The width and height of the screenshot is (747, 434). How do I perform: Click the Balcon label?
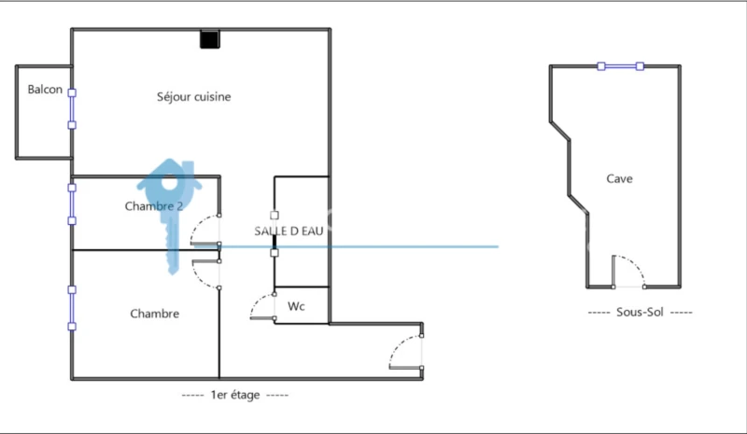(45, 90)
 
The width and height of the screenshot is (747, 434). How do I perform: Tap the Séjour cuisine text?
(194, 97)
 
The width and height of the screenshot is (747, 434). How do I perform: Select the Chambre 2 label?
(154, 206)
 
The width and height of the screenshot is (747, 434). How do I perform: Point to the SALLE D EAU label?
(289, 231)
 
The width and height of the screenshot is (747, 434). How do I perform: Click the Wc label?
(296, 306)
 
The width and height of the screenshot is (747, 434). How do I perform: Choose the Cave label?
(619, 178)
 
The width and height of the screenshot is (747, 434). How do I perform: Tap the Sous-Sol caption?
(640, 312)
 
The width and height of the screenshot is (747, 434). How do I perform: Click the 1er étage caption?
(235, 395)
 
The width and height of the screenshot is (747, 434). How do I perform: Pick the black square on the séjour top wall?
(209, 39)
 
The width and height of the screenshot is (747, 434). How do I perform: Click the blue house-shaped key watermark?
(170, 215)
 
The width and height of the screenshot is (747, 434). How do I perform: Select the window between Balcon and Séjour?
(72, 109)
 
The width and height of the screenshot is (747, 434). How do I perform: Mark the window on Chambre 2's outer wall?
(72, 204)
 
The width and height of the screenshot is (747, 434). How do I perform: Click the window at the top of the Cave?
(621, 66)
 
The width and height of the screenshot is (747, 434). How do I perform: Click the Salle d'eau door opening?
(275, 234)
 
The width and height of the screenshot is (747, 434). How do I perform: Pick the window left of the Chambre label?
(72, 308)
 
